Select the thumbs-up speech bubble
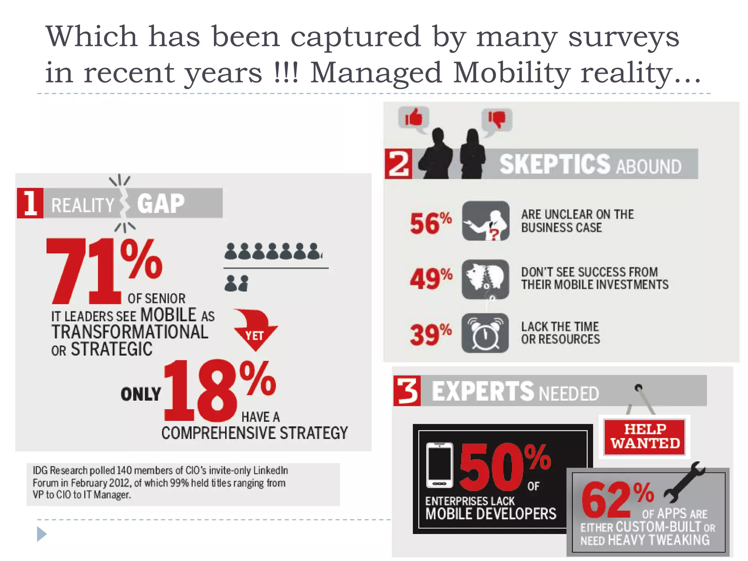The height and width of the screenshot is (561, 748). (413, 118)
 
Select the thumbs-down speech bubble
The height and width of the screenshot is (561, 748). (497, 119)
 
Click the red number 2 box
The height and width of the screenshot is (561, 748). (398, 164)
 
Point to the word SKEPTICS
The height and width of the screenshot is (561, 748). (554, 164)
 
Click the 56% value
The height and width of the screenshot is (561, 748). (430, 223)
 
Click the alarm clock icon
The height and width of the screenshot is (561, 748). (485, 333)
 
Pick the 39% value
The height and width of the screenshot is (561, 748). (430, 334)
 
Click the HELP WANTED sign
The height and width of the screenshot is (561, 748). (645, 437)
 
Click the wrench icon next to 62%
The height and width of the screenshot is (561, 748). (684, 482)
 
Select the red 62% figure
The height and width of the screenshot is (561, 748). (617, 499)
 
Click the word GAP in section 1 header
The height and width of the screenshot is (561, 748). (161, 203)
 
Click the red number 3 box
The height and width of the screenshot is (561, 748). (407, 391)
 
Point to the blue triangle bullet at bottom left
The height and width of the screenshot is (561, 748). (42, 534)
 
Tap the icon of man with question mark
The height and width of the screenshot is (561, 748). (485, 221)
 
